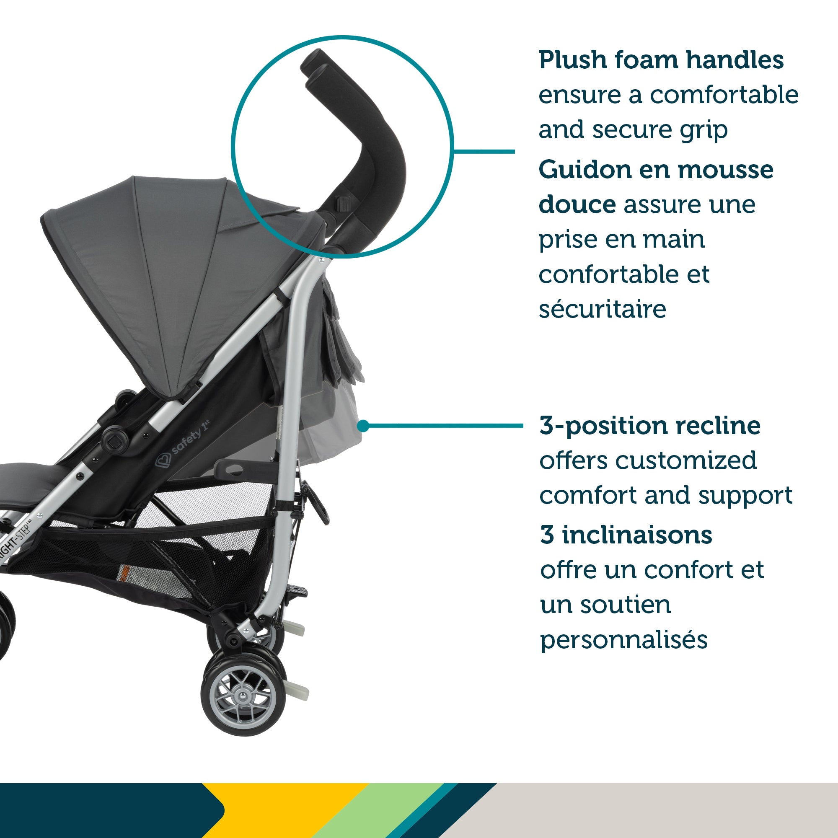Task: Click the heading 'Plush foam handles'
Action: [661, 60]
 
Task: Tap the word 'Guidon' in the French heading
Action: [585, 170]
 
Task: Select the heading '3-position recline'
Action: [650, 426]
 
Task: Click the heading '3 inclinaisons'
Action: [626, 535]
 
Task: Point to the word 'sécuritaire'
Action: [602, 309]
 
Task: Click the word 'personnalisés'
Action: [624, 639]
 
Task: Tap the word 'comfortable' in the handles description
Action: [724, 95]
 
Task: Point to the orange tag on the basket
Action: [124, 574]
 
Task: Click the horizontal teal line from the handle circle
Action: [484, 151]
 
